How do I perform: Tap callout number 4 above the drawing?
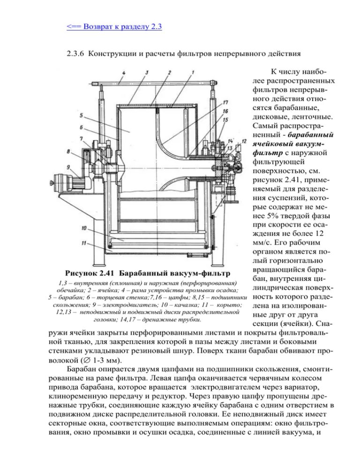[x=123, y=73]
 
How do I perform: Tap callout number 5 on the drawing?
[x=81, y=115]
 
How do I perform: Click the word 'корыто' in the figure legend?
[x=228, y=305]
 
